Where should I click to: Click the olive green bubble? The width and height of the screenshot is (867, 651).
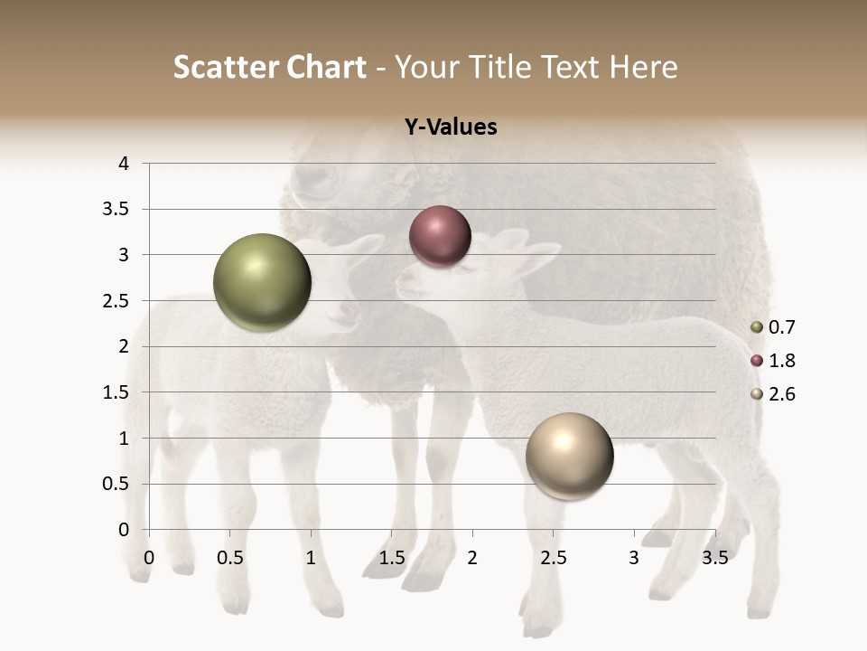point(263,283)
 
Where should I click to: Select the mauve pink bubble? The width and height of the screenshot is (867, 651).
point(440,236)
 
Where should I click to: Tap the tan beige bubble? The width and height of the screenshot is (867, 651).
point(569,456)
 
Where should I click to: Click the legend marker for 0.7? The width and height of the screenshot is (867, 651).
point(757,327)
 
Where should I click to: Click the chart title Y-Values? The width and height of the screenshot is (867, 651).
point(450,127)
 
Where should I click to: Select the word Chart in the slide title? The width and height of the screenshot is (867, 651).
point(327,67)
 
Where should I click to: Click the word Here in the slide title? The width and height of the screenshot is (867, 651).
point(643,67)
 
